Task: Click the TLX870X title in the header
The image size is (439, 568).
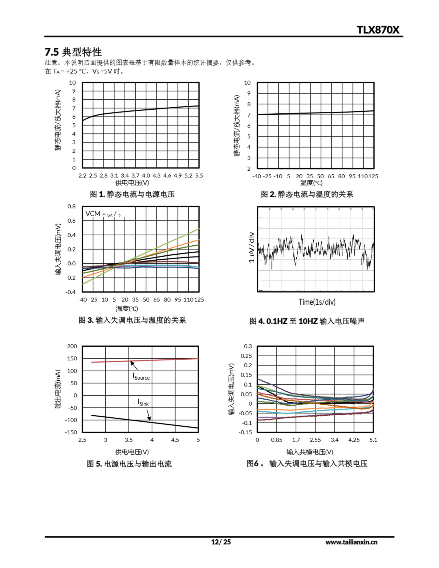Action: (378, 30)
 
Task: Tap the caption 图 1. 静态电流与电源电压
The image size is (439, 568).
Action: (132, 194)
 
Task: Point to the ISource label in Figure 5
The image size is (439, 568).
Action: (141, 377)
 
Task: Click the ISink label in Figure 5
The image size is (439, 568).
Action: (143, 403)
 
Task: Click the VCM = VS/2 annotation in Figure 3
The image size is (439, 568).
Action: (103, 214)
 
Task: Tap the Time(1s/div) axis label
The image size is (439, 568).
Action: (317, 302)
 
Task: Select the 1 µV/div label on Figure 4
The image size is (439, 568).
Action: (251, 247)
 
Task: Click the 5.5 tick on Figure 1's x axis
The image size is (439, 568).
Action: (199, 176)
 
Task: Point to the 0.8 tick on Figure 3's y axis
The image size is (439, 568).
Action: (71, 207)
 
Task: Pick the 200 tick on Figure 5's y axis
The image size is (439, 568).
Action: (72, 346)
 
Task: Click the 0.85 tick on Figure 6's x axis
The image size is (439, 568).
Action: (276, 440)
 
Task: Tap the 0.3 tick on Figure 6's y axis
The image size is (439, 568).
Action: (248, 346)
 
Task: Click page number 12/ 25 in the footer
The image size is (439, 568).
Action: (221, 542)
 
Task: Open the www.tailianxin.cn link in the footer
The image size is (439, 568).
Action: (351, 542)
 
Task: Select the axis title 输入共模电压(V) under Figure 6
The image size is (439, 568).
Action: (310, 452)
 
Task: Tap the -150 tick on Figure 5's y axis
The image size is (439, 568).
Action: (71, 432)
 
